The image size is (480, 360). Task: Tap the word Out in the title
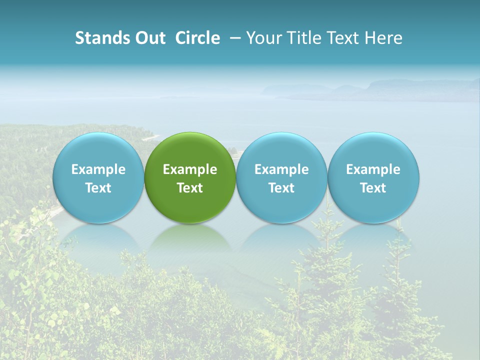[x=149, y=38]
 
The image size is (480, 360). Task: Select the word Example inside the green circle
[x=190, y=169]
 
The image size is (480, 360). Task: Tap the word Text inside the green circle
[x=190, y=188]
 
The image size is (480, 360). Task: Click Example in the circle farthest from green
[x=373, y=169]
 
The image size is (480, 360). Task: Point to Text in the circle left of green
[x=98, y=188]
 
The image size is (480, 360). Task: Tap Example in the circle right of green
[x=281, y=169]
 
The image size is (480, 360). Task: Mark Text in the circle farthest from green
[x=373, y=188]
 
